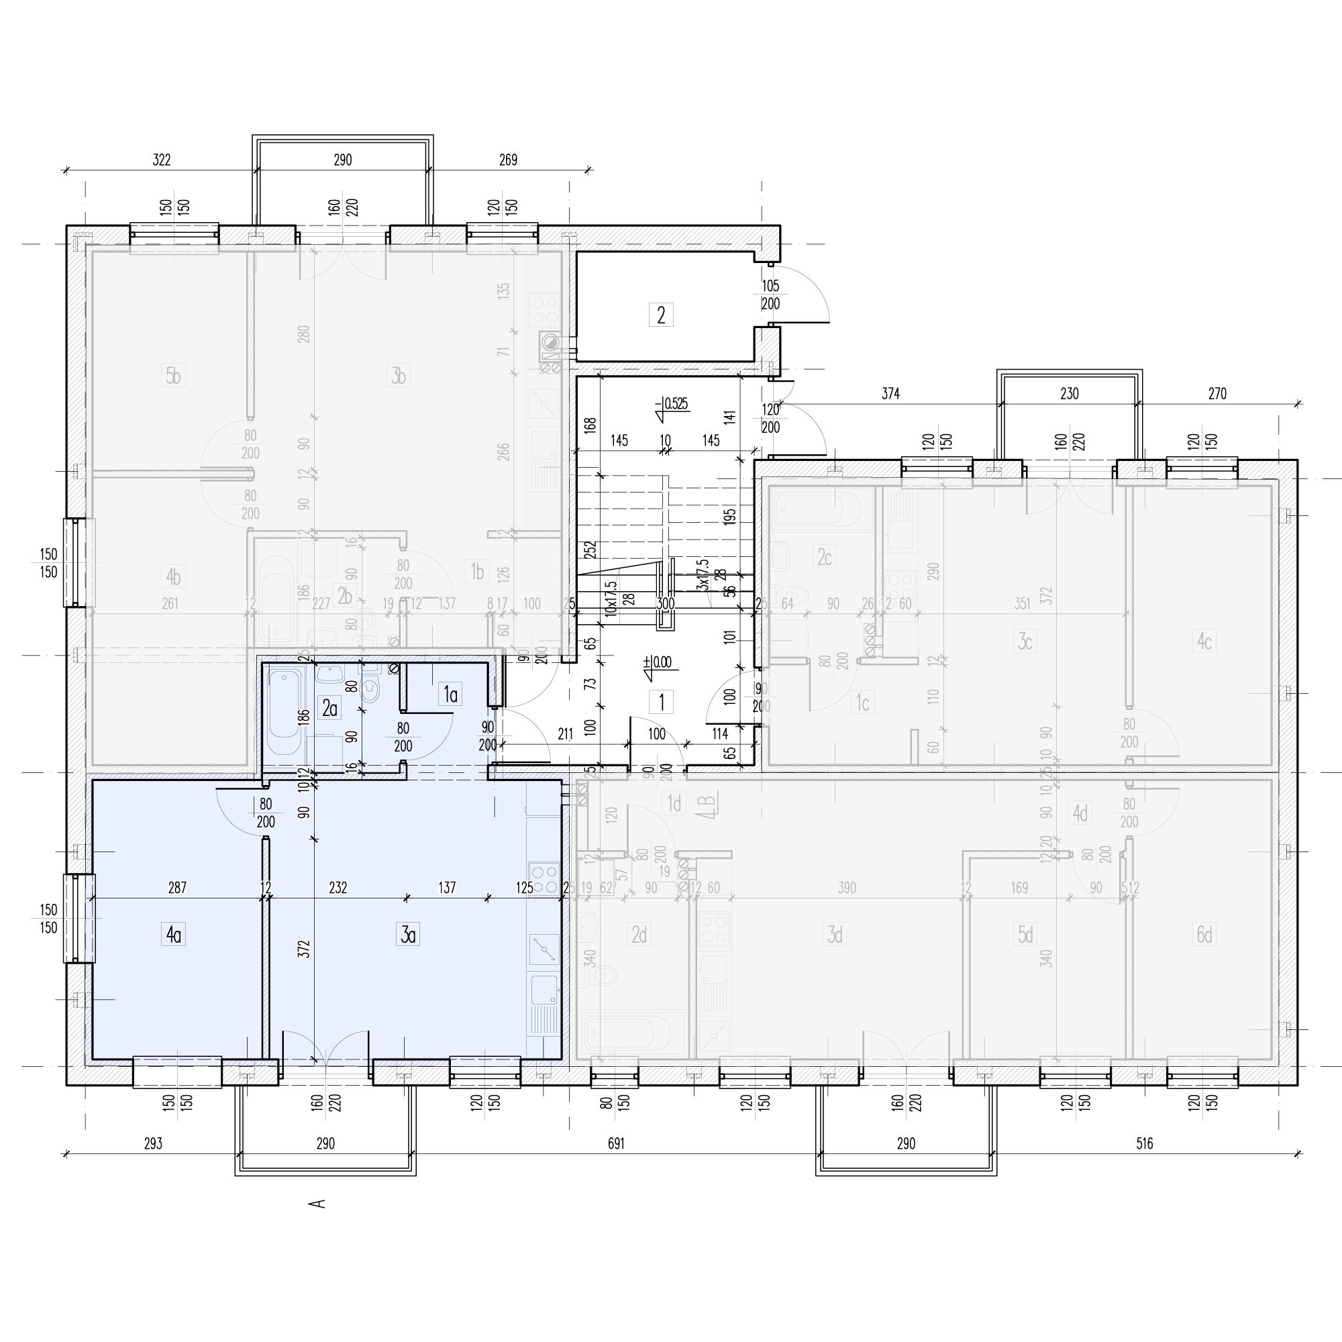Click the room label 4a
(174, 935)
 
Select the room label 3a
(408, 935)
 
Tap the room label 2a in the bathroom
(329, 709)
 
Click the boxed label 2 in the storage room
(660, 315)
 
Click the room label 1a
(451, 694)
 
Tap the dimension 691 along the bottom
(616, 1143)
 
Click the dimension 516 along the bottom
(1144, 1143)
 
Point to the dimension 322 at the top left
(161, 160)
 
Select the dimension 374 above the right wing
(890, 394)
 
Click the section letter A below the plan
(317, 1204)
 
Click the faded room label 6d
(1204, 935)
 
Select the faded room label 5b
(173, 376)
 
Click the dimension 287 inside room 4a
(177, 888)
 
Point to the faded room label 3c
(1025, 641)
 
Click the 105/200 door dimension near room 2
(770, 295)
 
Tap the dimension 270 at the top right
(1217, 394)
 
